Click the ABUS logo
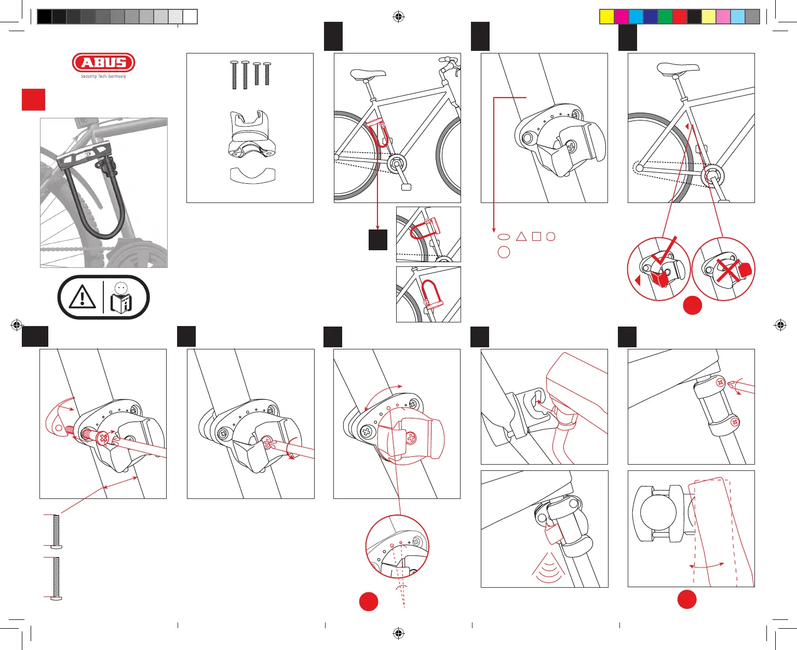pos(103,62)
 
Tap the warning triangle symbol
pos(82,297)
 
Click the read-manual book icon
pos(121,298)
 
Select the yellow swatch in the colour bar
pos(607,17)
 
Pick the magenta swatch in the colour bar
pos(622,17)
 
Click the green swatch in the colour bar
pos(665,17)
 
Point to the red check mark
pos(666,254)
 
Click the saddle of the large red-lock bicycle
pos(368,74)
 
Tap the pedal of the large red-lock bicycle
pos(406,187)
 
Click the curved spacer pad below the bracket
pos(252,175)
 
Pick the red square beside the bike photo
pos(33,100)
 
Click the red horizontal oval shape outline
pos(504,237)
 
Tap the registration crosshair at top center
pos(398,17)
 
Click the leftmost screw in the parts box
pos(234,75)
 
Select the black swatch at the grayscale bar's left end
pos(45,17)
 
